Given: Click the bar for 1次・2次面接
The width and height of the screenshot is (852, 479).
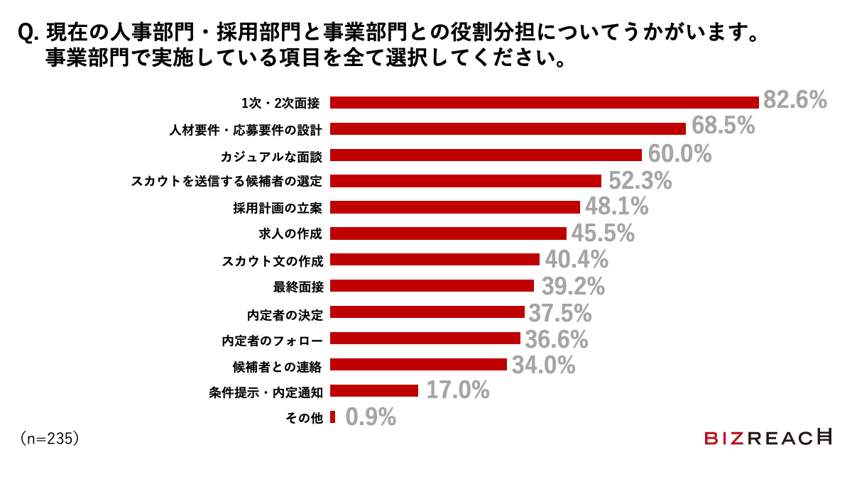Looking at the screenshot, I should tap(545, 102).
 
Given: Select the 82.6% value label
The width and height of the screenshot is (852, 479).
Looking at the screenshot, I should tap(794, 101).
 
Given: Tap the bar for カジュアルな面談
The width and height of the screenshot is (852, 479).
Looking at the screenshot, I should tap(486, 155).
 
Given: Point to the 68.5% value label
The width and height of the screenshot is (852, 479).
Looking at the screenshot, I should tap(722, 127).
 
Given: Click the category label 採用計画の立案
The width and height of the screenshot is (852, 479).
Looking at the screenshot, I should tap(278, 207).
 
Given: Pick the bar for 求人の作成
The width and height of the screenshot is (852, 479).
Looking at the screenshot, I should tap(448, 233).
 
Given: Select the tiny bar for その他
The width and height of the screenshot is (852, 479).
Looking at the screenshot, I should tap(332, 417).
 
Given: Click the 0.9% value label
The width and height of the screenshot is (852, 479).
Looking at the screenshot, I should tap(370, 417).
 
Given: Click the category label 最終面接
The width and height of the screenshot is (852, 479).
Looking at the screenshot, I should tap(298, 287).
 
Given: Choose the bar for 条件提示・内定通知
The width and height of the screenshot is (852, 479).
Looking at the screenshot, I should tap(374, 391).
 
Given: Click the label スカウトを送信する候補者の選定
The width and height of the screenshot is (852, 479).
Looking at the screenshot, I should tap(227, 181).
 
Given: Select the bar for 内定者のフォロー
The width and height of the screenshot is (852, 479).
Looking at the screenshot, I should tap(425, 338).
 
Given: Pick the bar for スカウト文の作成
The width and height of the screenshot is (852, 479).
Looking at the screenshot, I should tap(435, 260).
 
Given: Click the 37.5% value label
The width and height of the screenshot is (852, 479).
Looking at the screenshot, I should tap(559, 312).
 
